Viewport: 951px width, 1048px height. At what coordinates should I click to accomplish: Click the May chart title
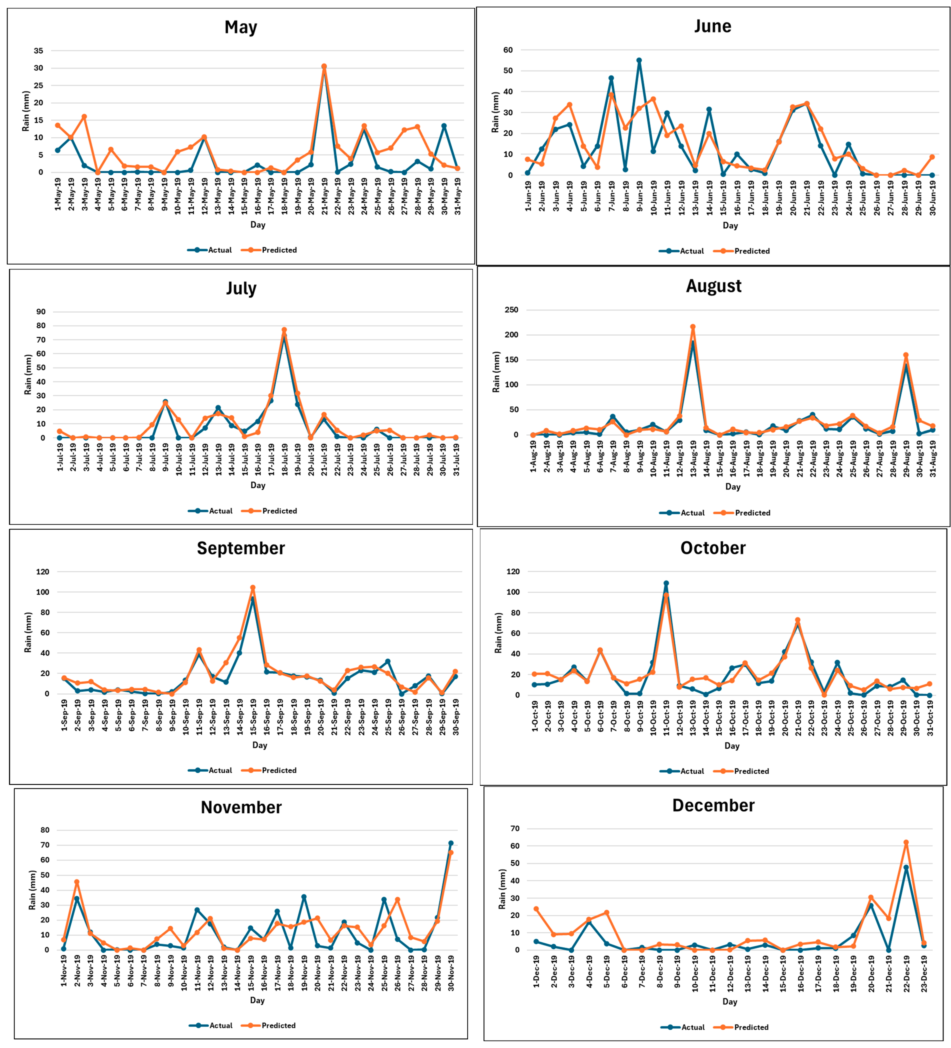coord(241,27)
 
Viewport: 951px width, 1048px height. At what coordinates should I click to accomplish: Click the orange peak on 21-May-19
coord(324,67)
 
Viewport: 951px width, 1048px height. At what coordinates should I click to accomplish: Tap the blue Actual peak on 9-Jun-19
coord(639,60)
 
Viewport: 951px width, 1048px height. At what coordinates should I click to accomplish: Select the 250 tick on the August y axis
coord(511,310)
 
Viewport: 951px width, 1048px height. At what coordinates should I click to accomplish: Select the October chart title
coord(712,548)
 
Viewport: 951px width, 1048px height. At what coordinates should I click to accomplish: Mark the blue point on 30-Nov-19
coord(451,843)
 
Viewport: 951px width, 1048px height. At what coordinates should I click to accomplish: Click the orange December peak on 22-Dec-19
coord(906,842)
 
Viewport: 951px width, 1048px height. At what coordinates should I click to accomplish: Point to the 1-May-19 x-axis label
coord(58,194)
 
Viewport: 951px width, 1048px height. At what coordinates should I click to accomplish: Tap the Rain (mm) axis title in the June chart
coord(495,112)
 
